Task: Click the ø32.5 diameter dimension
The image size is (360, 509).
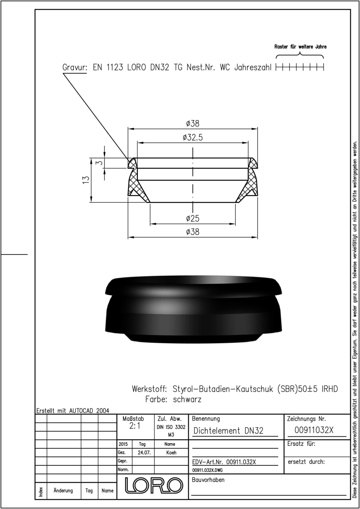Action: pos(193,137)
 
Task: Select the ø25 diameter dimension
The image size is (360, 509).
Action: pos(193,218)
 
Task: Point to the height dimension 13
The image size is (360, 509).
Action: pos(86,180)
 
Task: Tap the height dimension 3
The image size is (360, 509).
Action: pos(100,163)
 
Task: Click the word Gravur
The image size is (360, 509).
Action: pos(75,67)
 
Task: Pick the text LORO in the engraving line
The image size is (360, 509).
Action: pos(136,67)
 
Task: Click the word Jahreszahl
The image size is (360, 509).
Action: pos(253,67)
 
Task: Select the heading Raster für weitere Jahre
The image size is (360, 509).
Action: pos(301,47)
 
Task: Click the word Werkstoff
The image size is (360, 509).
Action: pos(149,389)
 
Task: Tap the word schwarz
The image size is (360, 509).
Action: pos(187,400)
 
